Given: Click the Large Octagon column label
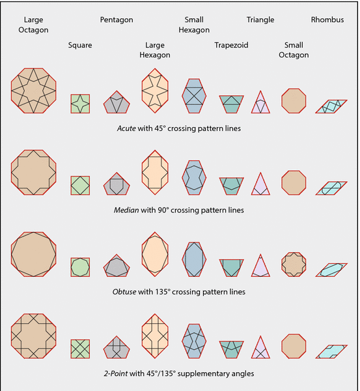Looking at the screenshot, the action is pyautogui.click(x=33, y=25).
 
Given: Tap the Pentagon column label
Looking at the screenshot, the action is pyautogui.click(x=117, y=20).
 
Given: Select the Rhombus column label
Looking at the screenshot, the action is pyautogui.click(x=327, y=20).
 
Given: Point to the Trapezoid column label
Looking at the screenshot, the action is pyautogui.click(x=231, y=45).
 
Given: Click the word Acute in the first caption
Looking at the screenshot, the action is pyautogui.click(x=126, y=128).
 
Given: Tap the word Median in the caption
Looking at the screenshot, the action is pyautogui.click(x=126, y=210).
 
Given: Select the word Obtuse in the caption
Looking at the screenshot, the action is pyautogui.click(x=124, y=292).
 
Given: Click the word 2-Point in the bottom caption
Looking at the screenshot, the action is pyautogui.click(x=116, y=373).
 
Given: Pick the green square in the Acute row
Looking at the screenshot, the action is pyautogui.click(x=80, y=104).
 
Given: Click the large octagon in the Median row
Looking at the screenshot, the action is pyautogui.click(x=34, y=172).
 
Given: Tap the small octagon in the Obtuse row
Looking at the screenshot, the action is pyautogui.click(x=294, y=265).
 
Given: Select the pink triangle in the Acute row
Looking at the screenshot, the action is pyautogui.click(x=260, y=104).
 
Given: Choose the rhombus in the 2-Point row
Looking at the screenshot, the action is pyautogui.click(x=331, y=352).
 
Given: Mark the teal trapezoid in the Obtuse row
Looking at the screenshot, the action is pyautogui.click(x=232, y=267).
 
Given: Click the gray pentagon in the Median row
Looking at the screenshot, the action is pyautogui.click(x=117, y=184).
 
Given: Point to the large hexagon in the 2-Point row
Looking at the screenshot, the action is pyautogui.click(x=155, y=336).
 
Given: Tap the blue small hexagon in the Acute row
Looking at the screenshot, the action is pyautogui.click(x=194, y=96).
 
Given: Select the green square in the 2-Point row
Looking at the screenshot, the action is pyautogui.click(x=80, y=349).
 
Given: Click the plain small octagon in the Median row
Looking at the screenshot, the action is pyautogui.click(x=294, y=182).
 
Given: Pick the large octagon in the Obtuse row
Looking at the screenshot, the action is pyautogui.click(x=34, y=254).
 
